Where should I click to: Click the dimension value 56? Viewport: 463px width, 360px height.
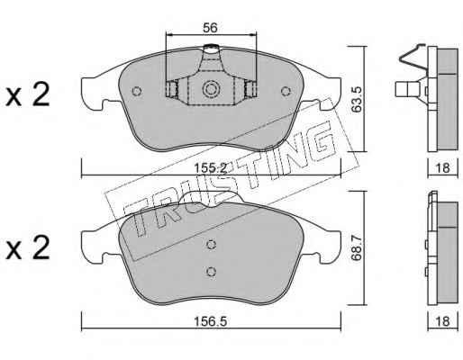point(210,28)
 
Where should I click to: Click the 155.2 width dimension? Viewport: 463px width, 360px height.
point(210,168)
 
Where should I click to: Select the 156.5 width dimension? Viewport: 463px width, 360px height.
point(210,321)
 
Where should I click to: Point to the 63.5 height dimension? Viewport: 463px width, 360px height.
point(357,100)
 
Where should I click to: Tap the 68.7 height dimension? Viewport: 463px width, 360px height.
point(357,248)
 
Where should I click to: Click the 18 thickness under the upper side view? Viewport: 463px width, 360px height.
point(442,167)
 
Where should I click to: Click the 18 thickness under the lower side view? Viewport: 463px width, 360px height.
point(442,321)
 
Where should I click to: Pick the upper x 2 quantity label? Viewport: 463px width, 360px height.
point(28,94)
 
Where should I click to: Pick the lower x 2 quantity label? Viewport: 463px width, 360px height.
point(28,247)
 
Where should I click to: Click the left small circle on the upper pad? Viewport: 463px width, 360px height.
point(137,91)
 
